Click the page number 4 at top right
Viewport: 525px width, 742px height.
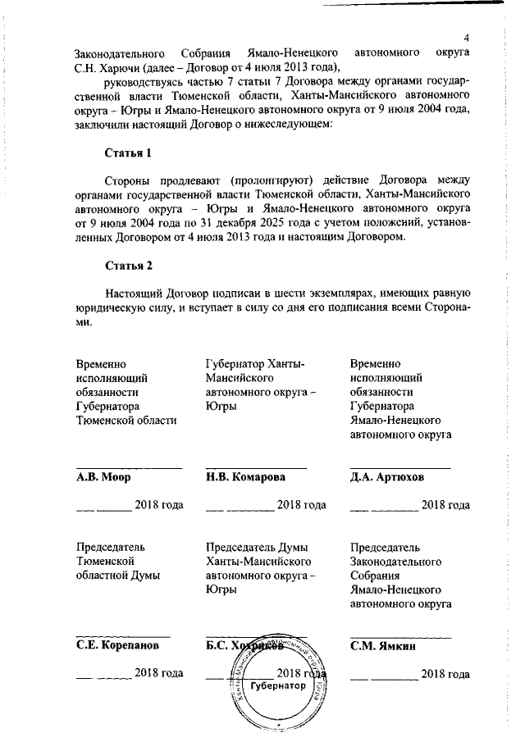pyautogui.click(x=465, y=39)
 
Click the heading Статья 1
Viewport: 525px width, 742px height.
pyautogui.click(x=129, y=153)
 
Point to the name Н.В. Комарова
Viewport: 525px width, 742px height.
pyautogui.click(x=245, y=477)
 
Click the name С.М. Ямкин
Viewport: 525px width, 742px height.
pyautogui.click(x=383, y=645)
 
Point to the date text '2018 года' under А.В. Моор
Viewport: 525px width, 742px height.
pyautogui.click(x=158, y=505)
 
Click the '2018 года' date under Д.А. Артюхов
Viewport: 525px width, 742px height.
pyautogui.click(x=445, y=505)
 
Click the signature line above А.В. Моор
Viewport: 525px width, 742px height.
pyautogui.click(x=129, y=467)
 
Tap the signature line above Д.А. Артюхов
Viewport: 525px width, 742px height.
pyautogui.click(x=399, y=467)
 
